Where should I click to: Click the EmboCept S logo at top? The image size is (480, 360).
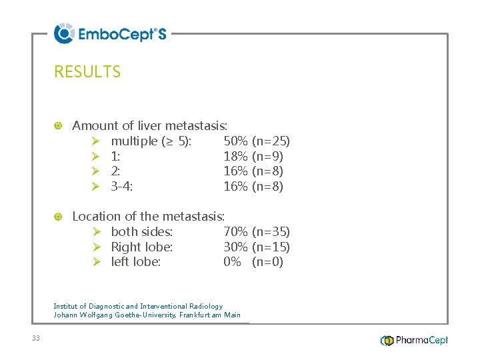pyautogui.click(x=110, y=33)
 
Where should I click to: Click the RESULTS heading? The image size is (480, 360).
pyautogui.click(x=87, y=72)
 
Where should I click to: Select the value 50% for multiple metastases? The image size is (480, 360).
pyautogui.click(x=235, y=141)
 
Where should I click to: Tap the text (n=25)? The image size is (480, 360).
pyautogui.click(x=271, y=141)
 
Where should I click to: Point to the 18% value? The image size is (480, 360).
pyautogui.click(x=235, y=157)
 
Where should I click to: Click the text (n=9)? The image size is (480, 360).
pyautogui.click(x=267, y=157)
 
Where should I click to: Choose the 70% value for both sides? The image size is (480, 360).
pyautogui.click(x=235, y=232)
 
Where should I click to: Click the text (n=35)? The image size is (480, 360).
pyautogui.click(x=271, y=232)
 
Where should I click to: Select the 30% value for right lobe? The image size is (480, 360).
pyautogui.click(x=235, y=247)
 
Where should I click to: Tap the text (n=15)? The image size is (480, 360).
pyautogui.click(x=271, y=247)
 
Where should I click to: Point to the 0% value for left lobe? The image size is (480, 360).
pyautogui.click(x=232, y=262)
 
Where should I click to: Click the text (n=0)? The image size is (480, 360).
pyautogui.click(x=267, y=262)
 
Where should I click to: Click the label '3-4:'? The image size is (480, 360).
pyautogui.click(x=122, y=187)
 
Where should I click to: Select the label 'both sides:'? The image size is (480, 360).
pyautogui.click(x=142, y=232)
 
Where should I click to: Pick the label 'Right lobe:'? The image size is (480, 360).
pyautogui.click(x=142, y=247)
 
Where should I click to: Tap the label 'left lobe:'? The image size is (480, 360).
pyautogui.click(x=136, y=262)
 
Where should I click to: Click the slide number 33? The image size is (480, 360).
pyautogui.click(x=35, y=339)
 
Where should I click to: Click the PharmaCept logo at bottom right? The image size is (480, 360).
pyautogui.click(x=414, y=341)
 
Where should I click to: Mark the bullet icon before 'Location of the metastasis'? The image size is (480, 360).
pyautogui.click(x=58, y=217)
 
